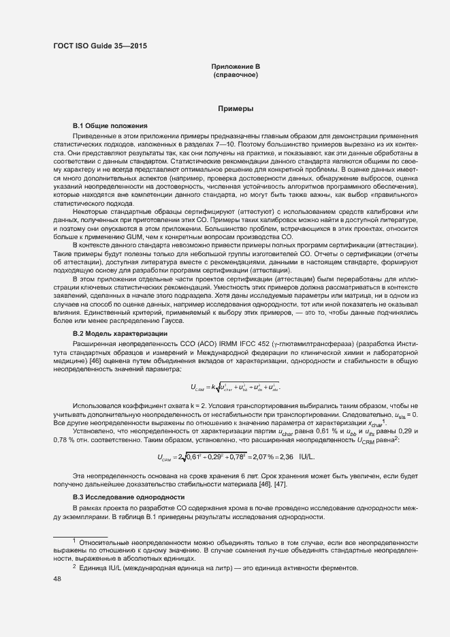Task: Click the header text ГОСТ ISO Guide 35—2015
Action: (99, 46)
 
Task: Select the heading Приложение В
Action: (235, 66)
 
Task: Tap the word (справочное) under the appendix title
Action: (235, 74)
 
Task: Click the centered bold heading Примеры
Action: (236, 108)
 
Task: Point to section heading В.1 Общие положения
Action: (110, 126)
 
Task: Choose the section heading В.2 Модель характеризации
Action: (120, 333)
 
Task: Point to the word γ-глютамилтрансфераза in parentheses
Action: (295, 344)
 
